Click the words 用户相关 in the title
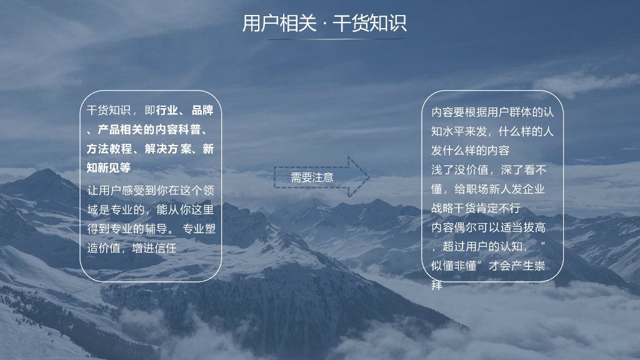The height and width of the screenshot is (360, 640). [279, 23]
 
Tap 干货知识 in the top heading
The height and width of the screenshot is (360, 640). [370, 23]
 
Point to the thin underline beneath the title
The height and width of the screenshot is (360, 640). [336, 39]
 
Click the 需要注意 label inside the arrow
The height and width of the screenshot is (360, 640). [312, 177]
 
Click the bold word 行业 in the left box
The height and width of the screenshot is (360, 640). [167, 110]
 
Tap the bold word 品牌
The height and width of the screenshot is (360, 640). [203, 110]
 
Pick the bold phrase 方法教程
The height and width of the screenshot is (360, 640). [109, 149]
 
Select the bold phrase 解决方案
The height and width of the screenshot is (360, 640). [167, 149]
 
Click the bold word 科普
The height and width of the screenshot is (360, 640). [189, 129]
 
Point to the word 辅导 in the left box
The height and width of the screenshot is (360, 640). [156, 229]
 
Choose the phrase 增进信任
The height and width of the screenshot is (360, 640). [154, 247]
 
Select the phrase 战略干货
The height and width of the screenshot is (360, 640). [454, 208]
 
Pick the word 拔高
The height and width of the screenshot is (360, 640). [534, 227]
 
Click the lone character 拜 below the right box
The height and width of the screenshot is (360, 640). [437, 285]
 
